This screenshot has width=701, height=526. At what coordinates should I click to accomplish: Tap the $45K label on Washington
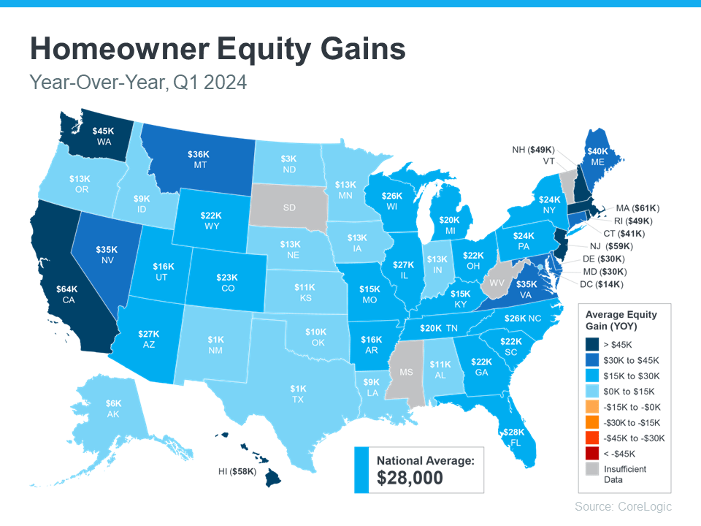pyautogui.click(x=102, y=131)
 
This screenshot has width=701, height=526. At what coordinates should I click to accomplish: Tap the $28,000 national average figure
pyautogui.click(x=410, y=479)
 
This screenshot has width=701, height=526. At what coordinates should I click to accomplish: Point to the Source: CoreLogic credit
pyautogui.click(x=623, y=506)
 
